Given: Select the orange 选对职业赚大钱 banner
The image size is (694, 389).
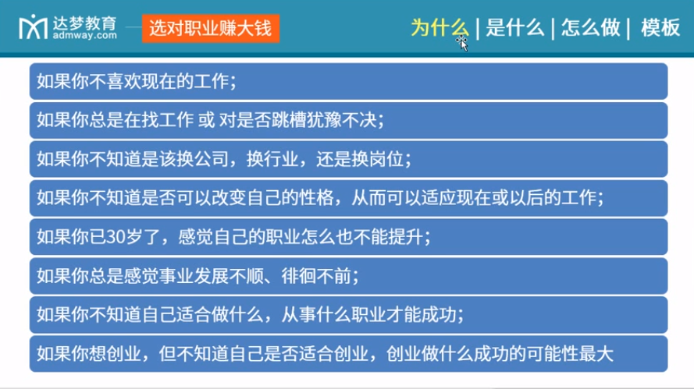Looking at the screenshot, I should [210, 28].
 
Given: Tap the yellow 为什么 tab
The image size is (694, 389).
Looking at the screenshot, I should [440, 28].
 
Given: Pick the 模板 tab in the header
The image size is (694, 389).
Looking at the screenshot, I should [660, 28].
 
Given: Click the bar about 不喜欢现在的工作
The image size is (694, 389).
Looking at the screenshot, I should [348, 81].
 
